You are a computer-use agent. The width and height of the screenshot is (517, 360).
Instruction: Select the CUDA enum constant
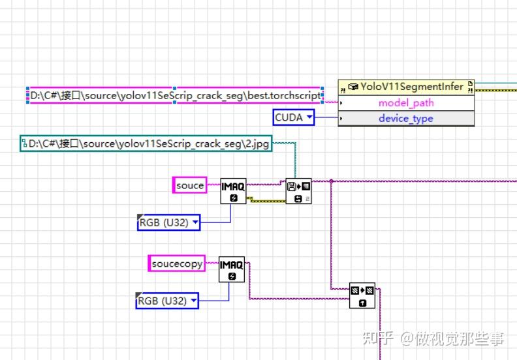(289, 117)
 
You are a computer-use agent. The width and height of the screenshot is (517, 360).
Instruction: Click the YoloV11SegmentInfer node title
(413, 87)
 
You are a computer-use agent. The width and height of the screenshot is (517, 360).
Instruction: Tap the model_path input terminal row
(405, 103)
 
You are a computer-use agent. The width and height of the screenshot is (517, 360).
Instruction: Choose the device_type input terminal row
(405, 119)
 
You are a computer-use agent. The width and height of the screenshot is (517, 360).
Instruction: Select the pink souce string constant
(190, 186)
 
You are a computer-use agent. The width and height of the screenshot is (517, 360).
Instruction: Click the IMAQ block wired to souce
(233, 190)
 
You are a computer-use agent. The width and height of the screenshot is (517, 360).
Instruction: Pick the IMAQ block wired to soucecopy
(232, 269)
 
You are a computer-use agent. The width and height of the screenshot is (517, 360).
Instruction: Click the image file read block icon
(298, 191)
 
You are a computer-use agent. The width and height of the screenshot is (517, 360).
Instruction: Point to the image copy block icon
(362, 295)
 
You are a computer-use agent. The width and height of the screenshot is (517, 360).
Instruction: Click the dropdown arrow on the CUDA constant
(309, 117)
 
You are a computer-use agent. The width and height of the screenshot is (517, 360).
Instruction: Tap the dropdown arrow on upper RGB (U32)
(195, 222)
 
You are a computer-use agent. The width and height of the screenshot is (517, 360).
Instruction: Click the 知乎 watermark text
(379, 338)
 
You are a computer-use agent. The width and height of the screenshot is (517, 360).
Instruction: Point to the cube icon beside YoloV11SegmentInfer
(353, 87)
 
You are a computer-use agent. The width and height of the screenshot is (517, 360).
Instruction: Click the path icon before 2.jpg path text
(25, 143)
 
